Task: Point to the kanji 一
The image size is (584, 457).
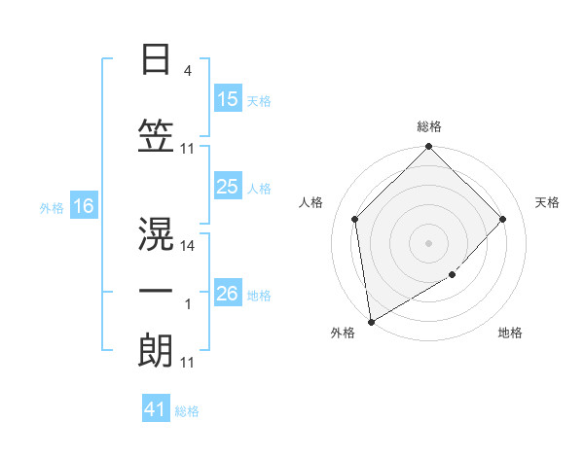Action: [x=157, y=290]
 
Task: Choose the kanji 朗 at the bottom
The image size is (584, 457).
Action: [x=157, y=350]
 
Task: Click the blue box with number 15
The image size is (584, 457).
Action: [x=228, y=99]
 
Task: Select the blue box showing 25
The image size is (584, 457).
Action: [x=228, y=187]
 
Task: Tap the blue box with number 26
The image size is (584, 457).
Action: [x=228, y=294]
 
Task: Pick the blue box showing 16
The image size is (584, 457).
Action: [x=83, y=206]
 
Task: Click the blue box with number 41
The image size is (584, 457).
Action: [x=156, y=410]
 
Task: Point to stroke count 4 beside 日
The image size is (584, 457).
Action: [x=187, y=72]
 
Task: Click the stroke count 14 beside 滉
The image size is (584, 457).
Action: [x=188, y=247]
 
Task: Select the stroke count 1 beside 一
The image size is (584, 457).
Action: [x=187, y=305]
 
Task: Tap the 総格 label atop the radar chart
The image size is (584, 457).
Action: [x=428, y=126]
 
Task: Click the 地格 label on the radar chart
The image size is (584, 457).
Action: [x=510, y=333]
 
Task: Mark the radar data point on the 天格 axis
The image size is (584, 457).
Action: [x=503, y=219]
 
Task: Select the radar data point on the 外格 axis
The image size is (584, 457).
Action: [x=371, y=322]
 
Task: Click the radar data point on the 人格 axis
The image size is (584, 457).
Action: [x=354, y=219]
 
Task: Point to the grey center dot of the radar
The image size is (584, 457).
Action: [x=428, y=242]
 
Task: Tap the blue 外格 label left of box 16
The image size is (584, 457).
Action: [x=52, y=207]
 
